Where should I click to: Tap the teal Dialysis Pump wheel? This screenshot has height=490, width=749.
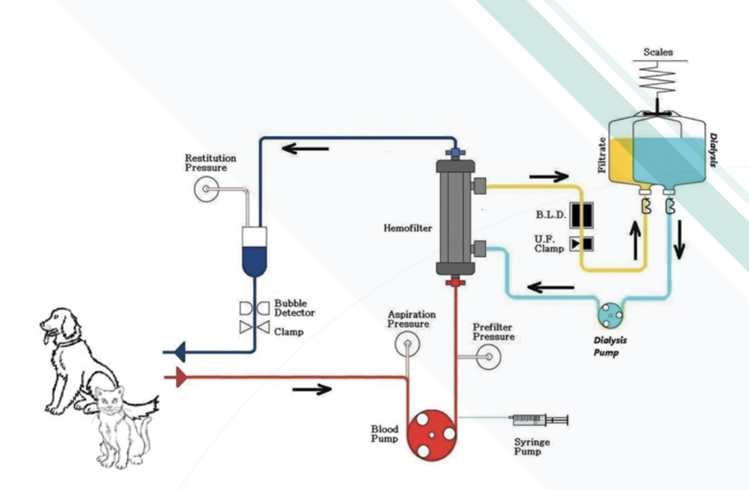(610, 315)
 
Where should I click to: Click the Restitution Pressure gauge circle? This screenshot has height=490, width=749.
(206, 189)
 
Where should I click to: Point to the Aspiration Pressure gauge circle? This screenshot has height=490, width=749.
(407, 344)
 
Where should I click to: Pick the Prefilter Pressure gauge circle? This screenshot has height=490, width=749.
(489, 357)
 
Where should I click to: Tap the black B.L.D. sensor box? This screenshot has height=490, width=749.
(581, 215)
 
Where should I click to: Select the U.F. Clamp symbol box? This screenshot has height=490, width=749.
(581, 244)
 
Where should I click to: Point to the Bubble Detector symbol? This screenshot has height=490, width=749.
(254, 308)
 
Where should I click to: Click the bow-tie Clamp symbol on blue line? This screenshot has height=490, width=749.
(254, 327)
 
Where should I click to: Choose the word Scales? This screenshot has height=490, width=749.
(658, 52)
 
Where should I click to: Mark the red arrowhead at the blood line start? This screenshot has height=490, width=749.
(180, 377)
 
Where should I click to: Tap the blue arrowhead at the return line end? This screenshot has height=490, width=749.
(180, 352)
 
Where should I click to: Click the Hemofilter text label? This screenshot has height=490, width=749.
(407, 229)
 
